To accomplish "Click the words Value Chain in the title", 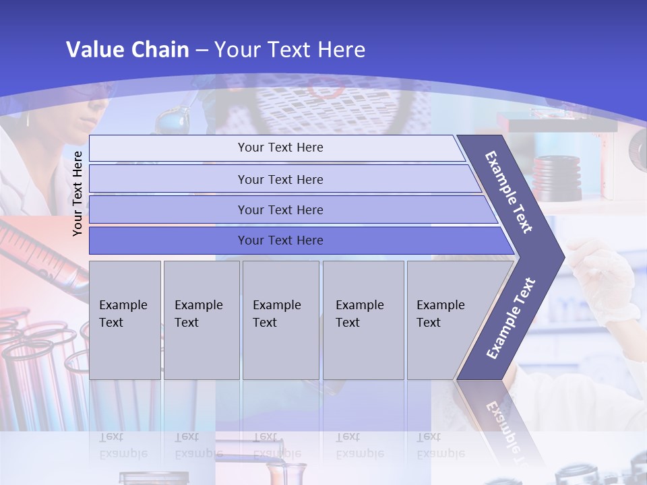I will [x=127, y=50].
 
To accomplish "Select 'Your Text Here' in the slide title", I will [x=290, y=50].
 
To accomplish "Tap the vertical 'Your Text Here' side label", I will [x=78, y=193].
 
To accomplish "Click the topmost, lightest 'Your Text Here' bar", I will [x=280, y=148].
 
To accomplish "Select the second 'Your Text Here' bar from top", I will [x=280, y=179].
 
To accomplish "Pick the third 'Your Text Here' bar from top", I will [x=280, y=209].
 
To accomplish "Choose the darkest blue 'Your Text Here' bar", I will [x=280, y=240].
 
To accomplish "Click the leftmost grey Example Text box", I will [x=125, y=319].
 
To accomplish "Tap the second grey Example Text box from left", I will [x=202, y=319].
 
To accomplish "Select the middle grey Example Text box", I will [x=280, y=319].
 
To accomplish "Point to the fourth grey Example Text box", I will [x=363, y=319].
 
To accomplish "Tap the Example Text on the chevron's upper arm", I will [x=509, y=192].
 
